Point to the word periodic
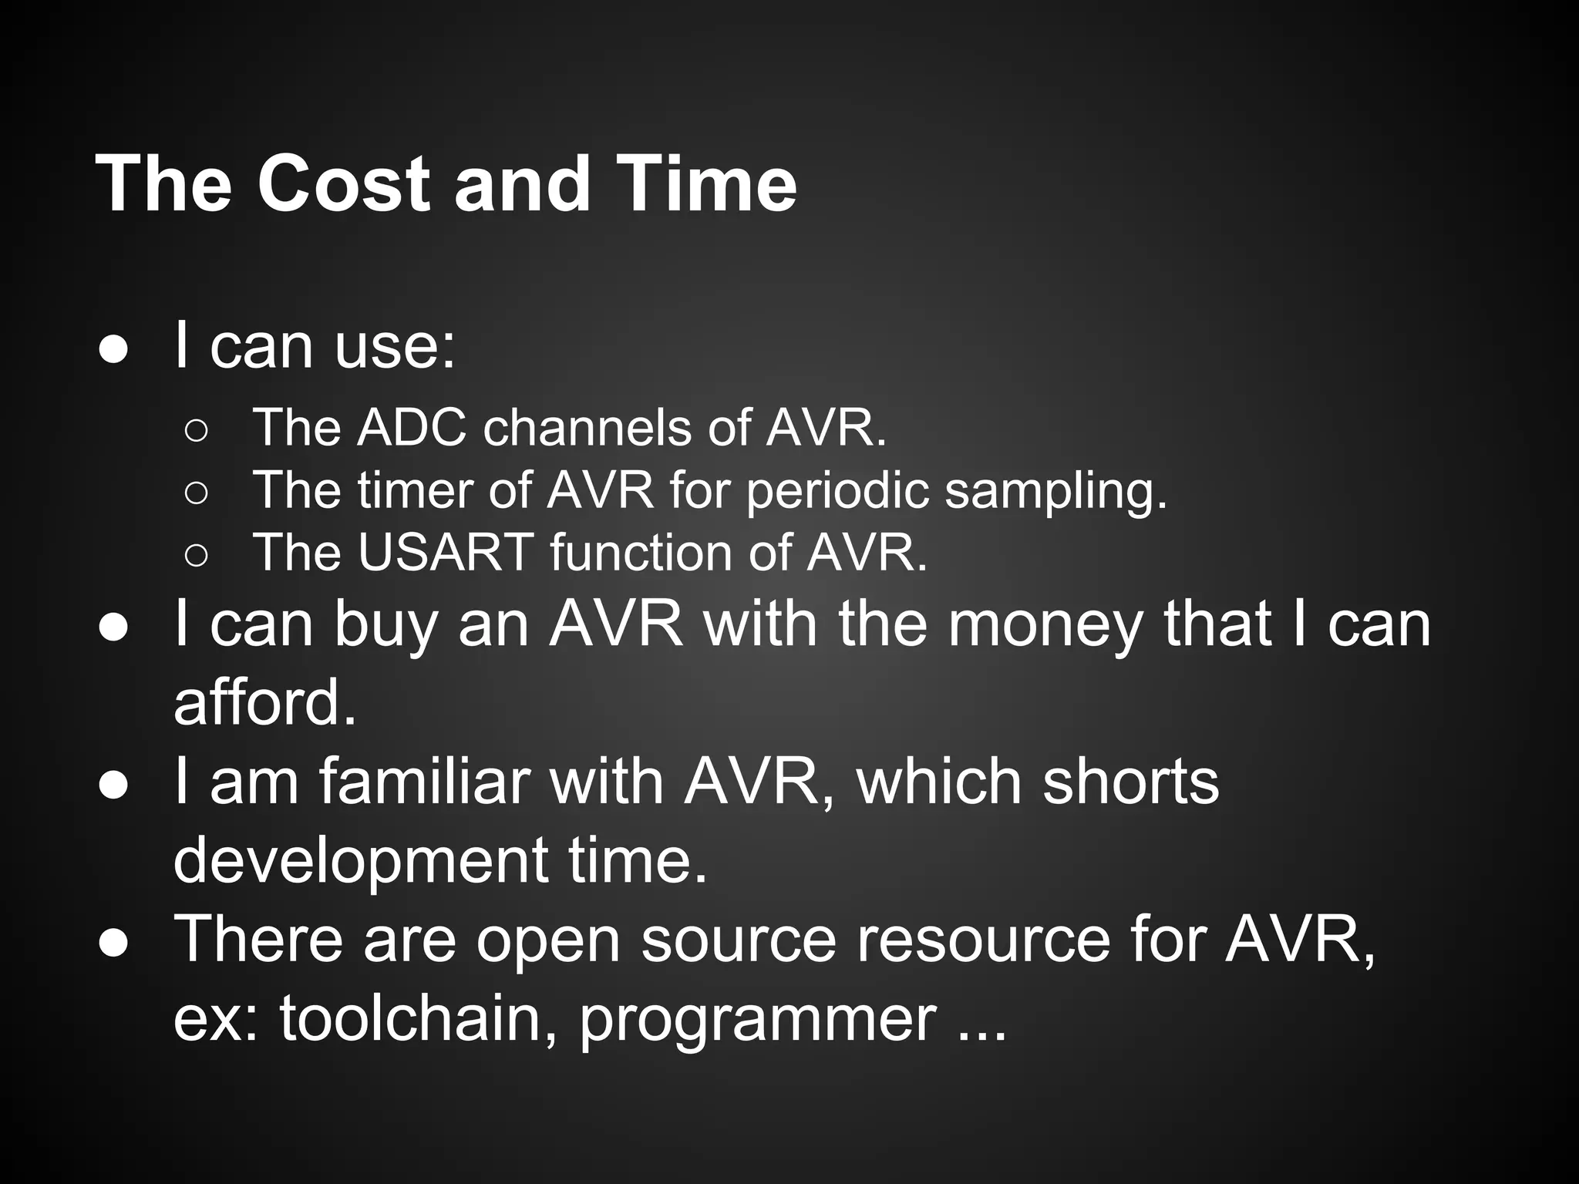pyautogui.click(x=837, y=492)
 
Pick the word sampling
pyautogui.click(x=1055, y=492)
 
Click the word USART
pyautogui.click(x=446, y=553)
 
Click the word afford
pyautogui.click(x=265, y=703)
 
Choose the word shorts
pyautogui.click(x=1130, y=782)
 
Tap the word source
pyautogui.click(x=739, y=940)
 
